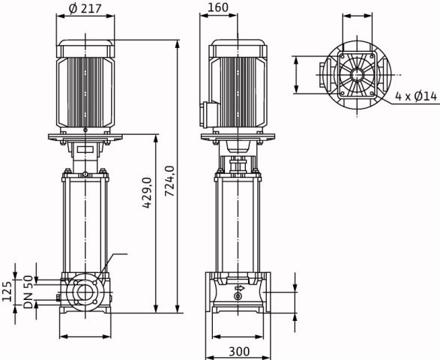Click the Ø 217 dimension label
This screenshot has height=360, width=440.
(x=85, y=9)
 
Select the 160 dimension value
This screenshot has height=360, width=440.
(x=218, y=7)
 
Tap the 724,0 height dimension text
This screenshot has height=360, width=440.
(x=169, y=181)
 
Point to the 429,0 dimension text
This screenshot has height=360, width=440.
(x=147, y=193)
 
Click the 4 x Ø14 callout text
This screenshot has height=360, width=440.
(x=416, y=96)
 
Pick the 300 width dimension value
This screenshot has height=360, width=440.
(x=239, y=351)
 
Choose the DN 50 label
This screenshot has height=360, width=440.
(x=28, y=292)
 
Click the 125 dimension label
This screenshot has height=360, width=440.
(x=7, y=292)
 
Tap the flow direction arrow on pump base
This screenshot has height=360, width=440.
(x=240, y=288)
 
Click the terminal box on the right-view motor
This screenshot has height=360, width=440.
(x=209, y=115)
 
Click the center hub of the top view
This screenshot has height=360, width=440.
(x=357, y=75)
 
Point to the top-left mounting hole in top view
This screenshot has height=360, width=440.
(x=342, y=56)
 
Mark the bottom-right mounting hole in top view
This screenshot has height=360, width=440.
(x=372, y=93)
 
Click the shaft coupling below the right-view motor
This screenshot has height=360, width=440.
(x=238, y=166)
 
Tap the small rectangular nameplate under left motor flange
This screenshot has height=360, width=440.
(x=85, y=149)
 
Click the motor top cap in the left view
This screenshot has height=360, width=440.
(x=85, y=49)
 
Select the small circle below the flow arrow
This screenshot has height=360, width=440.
(x=238, y=296)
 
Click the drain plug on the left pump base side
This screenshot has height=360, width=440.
(x=58, y=298)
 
